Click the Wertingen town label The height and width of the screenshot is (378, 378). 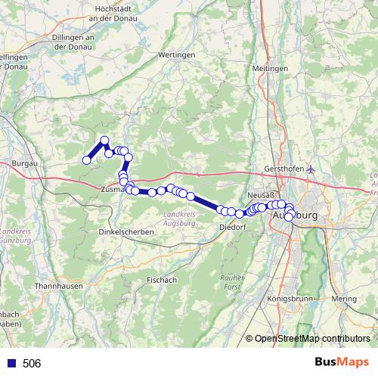[x=177, y=55]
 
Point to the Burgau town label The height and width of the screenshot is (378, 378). [x=26, y=163]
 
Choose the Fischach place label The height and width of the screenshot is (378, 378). [x=162, y=279]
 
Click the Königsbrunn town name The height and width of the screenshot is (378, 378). [x=291, y=299]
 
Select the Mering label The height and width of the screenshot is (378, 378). [x=345, y=299]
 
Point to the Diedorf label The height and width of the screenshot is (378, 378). [x=232, y=227]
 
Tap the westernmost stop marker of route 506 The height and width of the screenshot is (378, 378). [x=86, y=160]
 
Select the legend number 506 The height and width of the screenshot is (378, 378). [x=32, y=363]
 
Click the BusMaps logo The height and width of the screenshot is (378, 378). [x=342, y=362]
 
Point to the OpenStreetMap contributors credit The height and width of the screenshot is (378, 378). [x=312, y=339]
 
